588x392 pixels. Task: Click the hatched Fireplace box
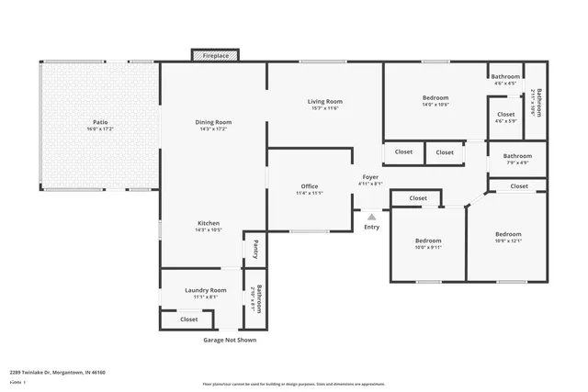(216, 56)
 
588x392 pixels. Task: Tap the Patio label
(101, 122)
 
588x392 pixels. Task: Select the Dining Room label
(213, 122)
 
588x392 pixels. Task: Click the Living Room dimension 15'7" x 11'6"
(323, 108)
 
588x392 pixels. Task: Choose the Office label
(309, 186)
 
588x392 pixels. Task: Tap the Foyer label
(370, 176)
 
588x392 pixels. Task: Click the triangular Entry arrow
(371, 218)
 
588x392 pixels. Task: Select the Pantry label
(255, 249)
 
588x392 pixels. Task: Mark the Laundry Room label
(205, 290)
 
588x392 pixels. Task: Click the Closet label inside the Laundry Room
(188, 319)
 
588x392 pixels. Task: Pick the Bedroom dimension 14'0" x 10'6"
(435, 105)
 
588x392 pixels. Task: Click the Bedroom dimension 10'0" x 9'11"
(428, 248)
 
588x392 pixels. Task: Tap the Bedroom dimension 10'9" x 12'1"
(508, 241)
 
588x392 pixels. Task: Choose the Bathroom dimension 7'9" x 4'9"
(517, 163)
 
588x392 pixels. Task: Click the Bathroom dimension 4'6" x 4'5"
(505, 84)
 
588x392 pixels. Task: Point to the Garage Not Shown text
(230, 340)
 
